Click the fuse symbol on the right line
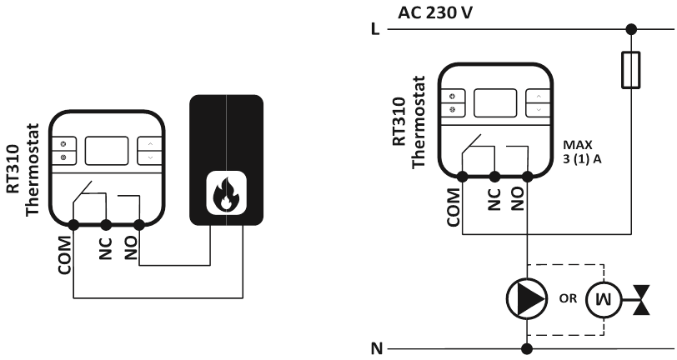[x=631, y=70]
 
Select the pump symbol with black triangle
[x=527, y=297]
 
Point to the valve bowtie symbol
[x=641, y=298]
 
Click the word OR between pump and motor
[x=568, y=297]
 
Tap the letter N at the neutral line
[x=375, y=347]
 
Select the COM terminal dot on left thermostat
[x=73, y=224]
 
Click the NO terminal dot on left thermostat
[x=138, y=224]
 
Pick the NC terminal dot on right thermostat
[x=494, y=176]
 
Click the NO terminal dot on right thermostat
[x=527, y=176]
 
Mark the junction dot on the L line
[x=631, y=29]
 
